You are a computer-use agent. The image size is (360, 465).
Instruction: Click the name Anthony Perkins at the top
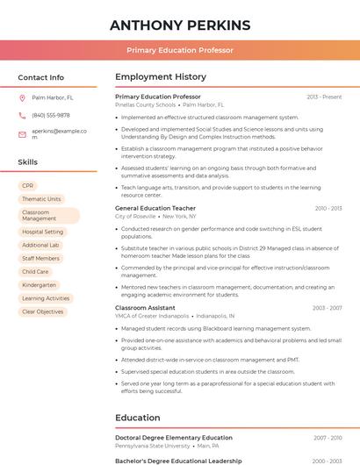pos(180,25)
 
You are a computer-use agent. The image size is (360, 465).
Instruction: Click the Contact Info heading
pos(40,77)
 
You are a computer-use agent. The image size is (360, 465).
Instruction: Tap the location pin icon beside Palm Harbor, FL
pos(22,98)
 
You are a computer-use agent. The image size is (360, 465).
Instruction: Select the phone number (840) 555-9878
pos(51,115)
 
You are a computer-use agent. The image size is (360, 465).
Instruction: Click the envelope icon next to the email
pos(22,134)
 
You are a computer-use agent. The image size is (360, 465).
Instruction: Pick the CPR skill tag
pos(28,186)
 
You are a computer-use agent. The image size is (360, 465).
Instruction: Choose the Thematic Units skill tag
pos(41,199)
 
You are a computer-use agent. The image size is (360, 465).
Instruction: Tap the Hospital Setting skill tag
pos(42,232)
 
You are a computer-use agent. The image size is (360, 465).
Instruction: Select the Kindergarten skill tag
pos(39,285)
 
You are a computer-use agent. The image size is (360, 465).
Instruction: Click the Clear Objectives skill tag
pos(42,311)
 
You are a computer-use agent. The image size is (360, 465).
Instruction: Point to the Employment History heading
pos(161,77)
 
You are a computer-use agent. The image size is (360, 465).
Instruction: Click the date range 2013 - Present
pos(324,97)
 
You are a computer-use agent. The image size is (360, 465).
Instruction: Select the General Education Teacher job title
pos(155,208)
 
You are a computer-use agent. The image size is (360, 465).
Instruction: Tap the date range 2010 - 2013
pos(328,208)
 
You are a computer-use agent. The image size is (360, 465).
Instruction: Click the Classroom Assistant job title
pos(145,308)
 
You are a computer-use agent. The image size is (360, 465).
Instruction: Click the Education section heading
pos(138,418)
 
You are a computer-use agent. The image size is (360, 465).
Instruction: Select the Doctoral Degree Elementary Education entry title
pos(174,437)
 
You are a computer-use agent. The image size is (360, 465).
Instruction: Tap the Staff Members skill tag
pos(40,259)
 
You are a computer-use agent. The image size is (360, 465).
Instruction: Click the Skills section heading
pos(28,162)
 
